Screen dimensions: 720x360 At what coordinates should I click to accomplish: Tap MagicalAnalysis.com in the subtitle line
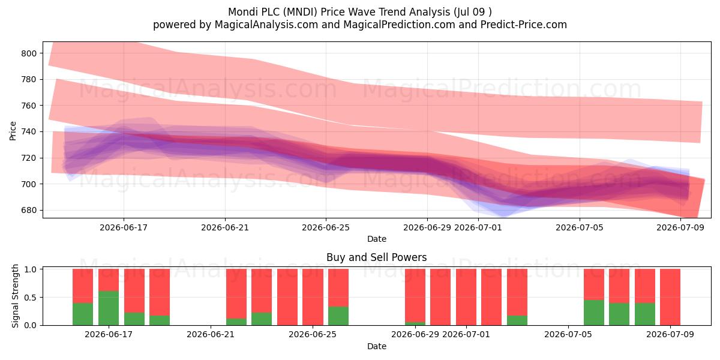click(266, 25)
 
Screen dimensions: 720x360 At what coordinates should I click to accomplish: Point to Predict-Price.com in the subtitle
click(524, 25)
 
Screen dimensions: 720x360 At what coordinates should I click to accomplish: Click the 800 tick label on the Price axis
click(29, 53)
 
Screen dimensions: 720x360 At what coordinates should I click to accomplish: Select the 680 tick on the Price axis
click(29, 211)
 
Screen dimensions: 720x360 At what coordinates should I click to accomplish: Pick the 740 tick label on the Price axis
click(29, 132)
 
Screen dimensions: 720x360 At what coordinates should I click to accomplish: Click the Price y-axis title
click(13, 131)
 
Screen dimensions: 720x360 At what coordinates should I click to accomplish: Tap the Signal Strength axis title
click(15, 296)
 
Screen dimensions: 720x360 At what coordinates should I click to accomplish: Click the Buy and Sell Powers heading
click(376, 257)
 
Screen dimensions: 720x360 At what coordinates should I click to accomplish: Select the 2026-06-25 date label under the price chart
click(326, 227)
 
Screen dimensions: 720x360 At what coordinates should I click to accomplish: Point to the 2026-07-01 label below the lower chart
click(466, 335)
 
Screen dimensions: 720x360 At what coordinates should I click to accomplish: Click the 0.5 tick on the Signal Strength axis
click(30, 298)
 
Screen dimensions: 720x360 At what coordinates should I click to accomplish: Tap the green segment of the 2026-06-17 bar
click(109, 308)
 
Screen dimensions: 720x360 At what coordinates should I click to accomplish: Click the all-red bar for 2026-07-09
click(670, 297)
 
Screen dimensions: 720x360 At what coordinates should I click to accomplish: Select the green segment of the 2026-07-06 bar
click(594, 313)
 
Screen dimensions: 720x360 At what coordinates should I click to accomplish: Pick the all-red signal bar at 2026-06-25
click(313, 297)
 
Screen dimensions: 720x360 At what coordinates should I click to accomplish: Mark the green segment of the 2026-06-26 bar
click(338, 316)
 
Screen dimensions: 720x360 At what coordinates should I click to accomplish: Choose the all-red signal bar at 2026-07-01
click(466, 297)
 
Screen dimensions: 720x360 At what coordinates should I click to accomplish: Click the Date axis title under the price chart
click(377, 239)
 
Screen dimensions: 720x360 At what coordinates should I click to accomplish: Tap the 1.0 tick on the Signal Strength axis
click(30, 269)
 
